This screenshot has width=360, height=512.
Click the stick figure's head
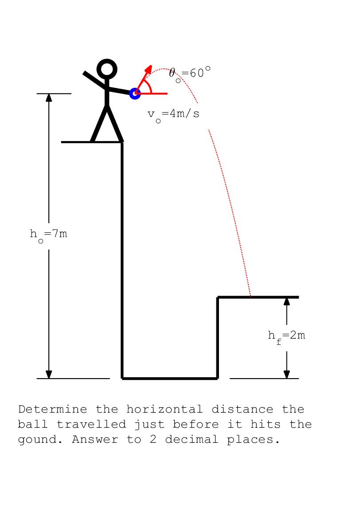coord(107,69)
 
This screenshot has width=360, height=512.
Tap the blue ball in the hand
coord(135,94)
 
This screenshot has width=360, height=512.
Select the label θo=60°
coord(189,74)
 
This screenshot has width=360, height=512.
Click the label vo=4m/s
coord(173,115)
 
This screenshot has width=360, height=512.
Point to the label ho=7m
coord(48,235)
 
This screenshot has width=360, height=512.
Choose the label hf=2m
coord(286,336)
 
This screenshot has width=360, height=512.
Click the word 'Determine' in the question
coord(53,409)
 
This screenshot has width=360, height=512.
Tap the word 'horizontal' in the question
coord(164,409)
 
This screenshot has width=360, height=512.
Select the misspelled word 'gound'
coord(40,439)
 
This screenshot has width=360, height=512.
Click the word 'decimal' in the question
coord(192,439)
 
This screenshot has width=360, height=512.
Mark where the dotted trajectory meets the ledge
coord(250,297)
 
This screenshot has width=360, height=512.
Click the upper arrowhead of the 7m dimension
coord(49,98)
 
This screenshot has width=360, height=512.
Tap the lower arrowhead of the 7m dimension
coord(49,375)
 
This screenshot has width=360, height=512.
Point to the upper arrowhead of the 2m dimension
coord(286,301)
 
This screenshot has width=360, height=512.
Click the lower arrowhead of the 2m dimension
coord(286,375)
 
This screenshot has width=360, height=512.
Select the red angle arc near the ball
coord(149,86)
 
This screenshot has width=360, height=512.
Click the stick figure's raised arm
coord(94,80)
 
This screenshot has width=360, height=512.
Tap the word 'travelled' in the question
coord(91,424)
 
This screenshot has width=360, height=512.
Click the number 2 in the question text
coord(153,439)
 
